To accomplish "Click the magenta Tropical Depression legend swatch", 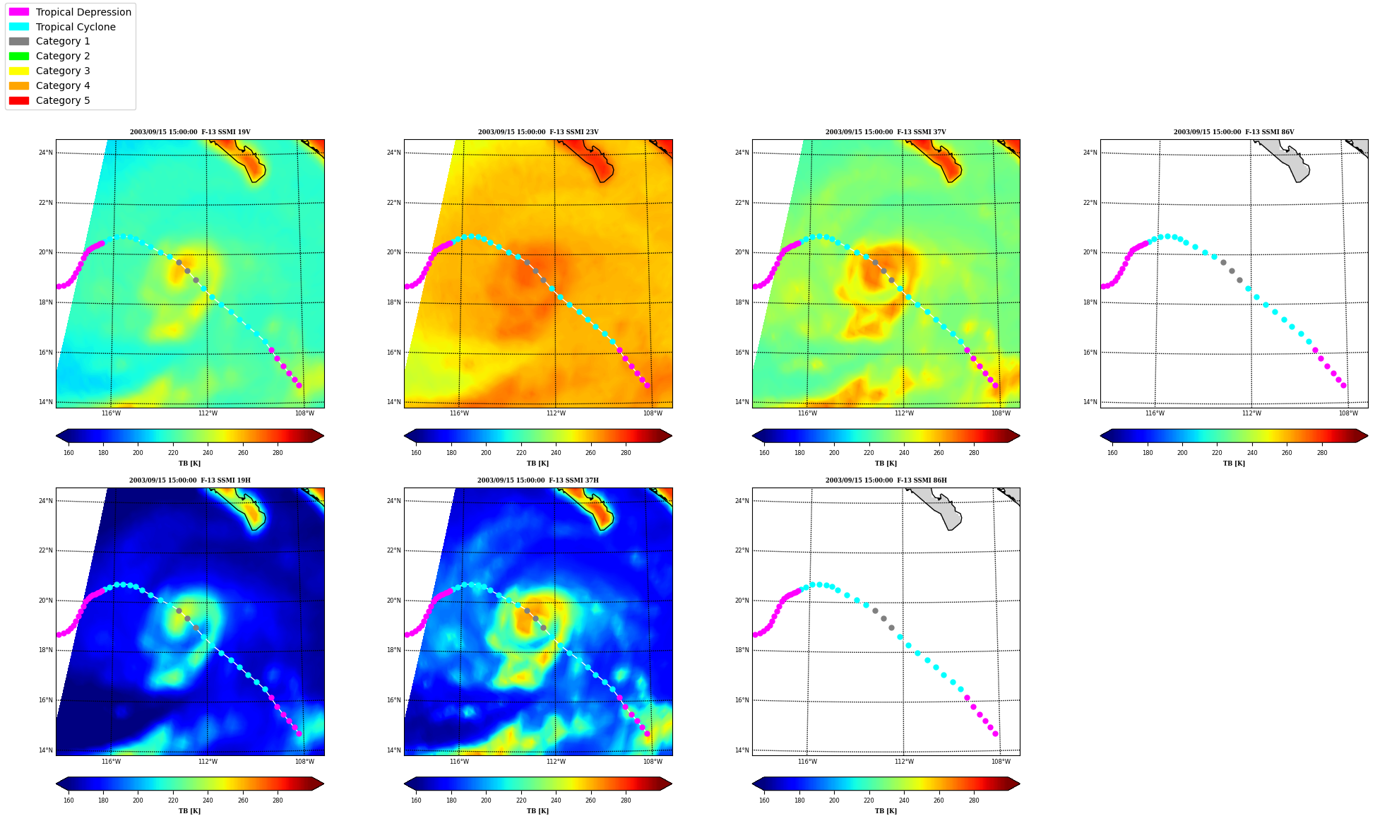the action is [19, 12].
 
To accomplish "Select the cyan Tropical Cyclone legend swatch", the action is [19, 27].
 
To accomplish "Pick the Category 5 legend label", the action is [63, 100].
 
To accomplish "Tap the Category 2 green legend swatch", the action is [19, 56].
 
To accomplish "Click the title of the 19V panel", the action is [190, 132].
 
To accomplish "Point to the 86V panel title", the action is [1234, 132].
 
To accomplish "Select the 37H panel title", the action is [538, 480].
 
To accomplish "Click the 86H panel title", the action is [886, 480].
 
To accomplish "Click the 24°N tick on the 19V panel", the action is [45, 153].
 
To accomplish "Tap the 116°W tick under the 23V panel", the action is [459, 413].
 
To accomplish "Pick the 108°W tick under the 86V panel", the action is [1348, 413].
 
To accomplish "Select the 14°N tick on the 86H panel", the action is [742, 750].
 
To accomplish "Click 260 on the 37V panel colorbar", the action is [939, 453].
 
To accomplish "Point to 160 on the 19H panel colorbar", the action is [69, 801].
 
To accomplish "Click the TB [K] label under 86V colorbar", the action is [1234, 463].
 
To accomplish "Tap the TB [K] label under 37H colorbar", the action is [538, 811].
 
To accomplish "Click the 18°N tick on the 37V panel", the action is [742, 302].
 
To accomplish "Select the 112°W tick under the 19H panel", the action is [208, 762].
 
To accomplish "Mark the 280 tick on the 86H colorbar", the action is [974, 801].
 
